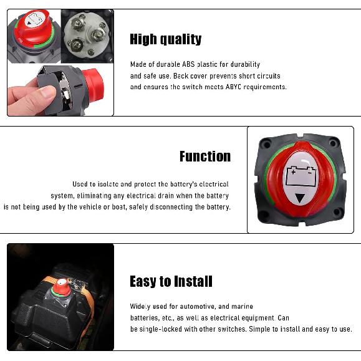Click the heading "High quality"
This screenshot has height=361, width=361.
165,40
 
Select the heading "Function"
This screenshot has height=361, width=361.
205,156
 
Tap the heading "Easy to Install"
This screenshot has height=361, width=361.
171,282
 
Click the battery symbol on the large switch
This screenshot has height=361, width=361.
300,178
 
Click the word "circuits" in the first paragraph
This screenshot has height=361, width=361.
266,76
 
